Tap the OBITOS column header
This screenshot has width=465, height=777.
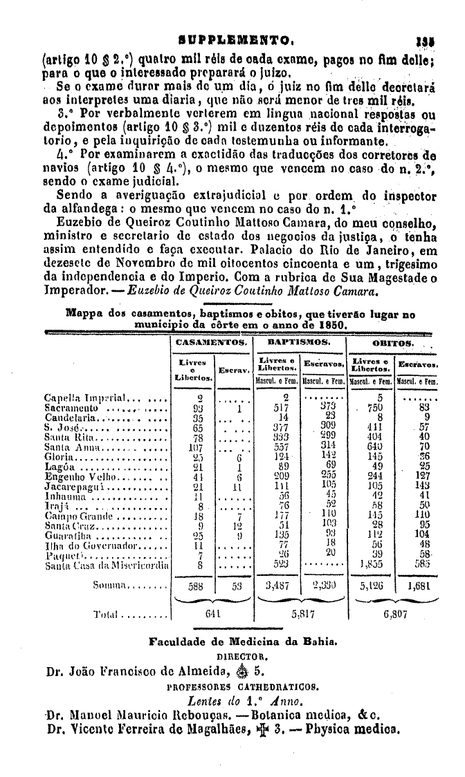tap(393, 343)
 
